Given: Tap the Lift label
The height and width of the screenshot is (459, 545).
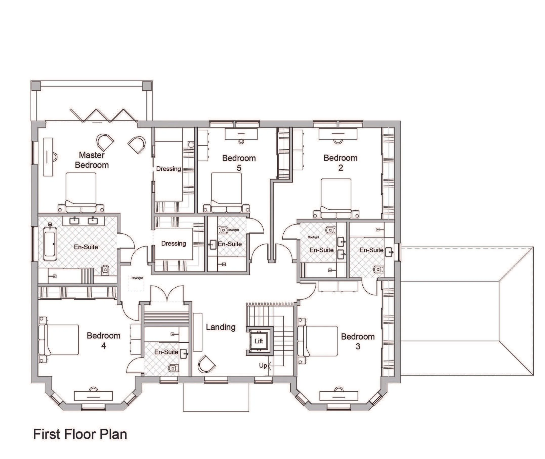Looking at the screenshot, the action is tap(259, 341).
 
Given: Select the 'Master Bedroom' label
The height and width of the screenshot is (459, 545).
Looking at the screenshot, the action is tap(92, 160).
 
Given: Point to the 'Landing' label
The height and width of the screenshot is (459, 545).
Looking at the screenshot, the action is tap(221, 327).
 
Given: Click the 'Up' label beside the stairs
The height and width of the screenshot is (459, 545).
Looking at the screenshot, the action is tap(263, 366).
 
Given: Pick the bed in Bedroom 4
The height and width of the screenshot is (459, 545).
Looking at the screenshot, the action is tap(59, 340).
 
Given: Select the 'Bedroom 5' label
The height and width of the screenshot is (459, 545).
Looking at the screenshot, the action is tap(239, 163).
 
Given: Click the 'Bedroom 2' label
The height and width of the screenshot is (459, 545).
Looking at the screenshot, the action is tap(340, 163).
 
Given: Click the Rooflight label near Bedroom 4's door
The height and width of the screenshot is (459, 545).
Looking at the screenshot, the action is tap(137, 278).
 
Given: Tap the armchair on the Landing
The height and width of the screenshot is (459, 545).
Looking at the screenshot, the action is tap(206, 363).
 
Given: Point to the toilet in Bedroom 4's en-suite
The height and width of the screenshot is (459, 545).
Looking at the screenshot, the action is tap(173, 368).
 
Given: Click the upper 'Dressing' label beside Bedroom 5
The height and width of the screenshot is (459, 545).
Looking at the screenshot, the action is tap(169, 169).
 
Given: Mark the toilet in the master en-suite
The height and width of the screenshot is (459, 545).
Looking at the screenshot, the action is tap(105, 270).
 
